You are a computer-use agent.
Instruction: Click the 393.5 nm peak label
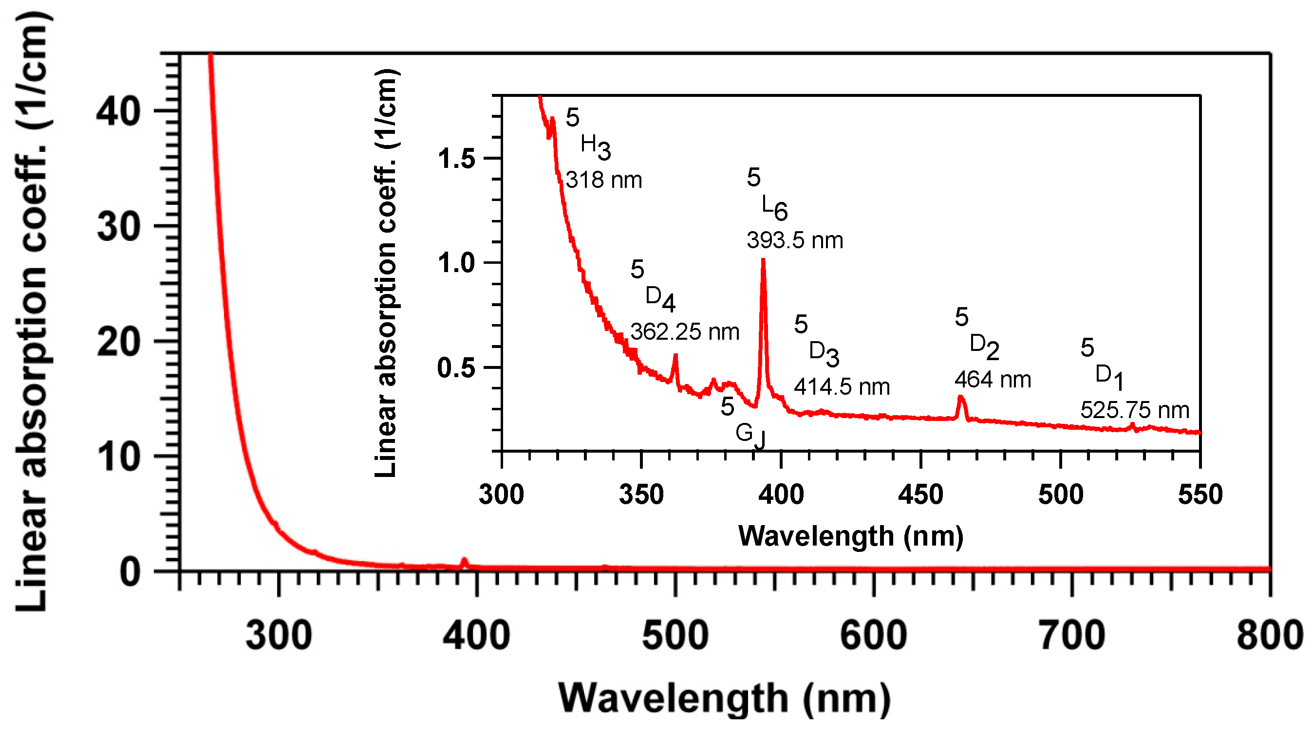click(794, 240)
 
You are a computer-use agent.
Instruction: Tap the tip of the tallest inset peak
click(763, 261)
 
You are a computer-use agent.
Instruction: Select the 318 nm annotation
click(603, 180)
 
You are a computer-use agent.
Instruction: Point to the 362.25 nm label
click(685, 332)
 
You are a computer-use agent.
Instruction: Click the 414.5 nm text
click(842, 387)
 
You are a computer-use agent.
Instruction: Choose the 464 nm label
click(992, 379)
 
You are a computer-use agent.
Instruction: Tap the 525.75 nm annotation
click(1135, 410)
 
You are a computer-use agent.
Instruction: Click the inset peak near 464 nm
click(960, 398)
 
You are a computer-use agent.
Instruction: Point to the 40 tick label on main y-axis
click(118, 111)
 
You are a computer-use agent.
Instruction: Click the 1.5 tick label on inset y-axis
click(456, 159)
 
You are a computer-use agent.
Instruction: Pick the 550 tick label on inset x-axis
click(1200, 494)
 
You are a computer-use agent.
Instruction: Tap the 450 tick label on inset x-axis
click(920, 494)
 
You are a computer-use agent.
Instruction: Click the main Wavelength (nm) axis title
click(724, 698)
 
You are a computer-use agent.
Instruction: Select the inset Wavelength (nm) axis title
click(850, 536)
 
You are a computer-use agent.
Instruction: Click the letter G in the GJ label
click(744, 433)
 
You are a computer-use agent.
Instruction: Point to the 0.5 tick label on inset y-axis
click(456, 367)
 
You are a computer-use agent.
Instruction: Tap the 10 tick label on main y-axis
click(118, 457)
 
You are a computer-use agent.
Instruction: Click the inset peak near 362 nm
click(676, 356)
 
